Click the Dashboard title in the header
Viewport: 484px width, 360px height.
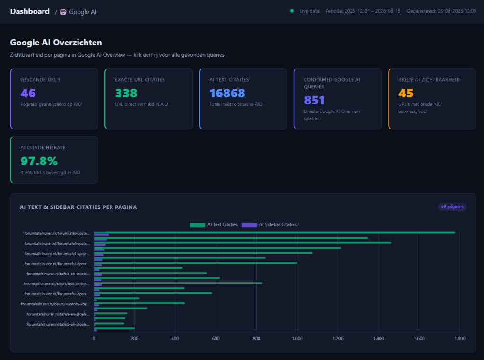[x=30, y=11]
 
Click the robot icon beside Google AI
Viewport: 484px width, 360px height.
[x=63, y=12]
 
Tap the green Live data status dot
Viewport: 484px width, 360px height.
[x=292, y=11]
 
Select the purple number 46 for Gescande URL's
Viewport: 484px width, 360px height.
[x=28, y=93]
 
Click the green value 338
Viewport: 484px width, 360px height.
[x=126, y=93]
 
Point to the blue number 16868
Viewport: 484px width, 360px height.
[x=227, y=93]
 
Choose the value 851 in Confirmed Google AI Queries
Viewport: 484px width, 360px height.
[x=314, y=100]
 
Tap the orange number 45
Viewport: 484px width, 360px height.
[x=406, y=93]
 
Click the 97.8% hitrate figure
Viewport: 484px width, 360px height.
[x=39, y=161]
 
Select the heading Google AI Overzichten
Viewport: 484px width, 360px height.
[x=56, y=43]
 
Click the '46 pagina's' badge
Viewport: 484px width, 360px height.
[x=452, y=207]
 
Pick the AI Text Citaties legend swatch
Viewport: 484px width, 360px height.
[x=197, y=225]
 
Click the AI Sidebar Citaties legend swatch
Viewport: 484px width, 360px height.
[x=249, y=225]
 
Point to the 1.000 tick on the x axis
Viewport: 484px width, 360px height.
[x=297, y=338]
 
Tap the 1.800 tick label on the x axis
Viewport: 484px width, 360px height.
[x=459, y=338]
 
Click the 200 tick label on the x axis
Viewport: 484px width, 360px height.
[x=134, y=338]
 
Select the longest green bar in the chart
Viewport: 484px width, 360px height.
[x=275, y=232]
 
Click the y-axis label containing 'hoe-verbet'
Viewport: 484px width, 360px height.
[x=57, y=284]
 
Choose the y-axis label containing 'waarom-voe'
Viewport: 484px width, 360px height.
[x=55, y=304]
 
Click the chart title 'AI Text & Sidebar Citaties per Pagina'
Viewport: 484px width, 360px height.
[x=78, y=207]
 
